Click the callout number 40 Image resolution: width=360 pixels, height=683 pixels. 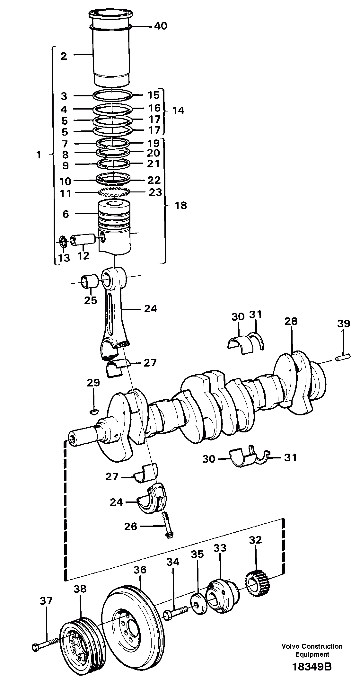pos(161,26)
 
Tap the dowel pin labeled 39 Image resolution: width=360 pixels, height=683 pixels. pos(343,357)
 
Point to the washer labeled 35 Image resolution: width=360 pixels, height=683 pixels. pos(198,600)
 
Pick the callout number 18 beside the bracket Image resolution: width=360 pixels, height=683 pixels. pos(181,205)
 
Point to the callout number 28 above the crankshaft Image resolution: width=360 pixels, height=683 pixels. pos(291,321)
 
